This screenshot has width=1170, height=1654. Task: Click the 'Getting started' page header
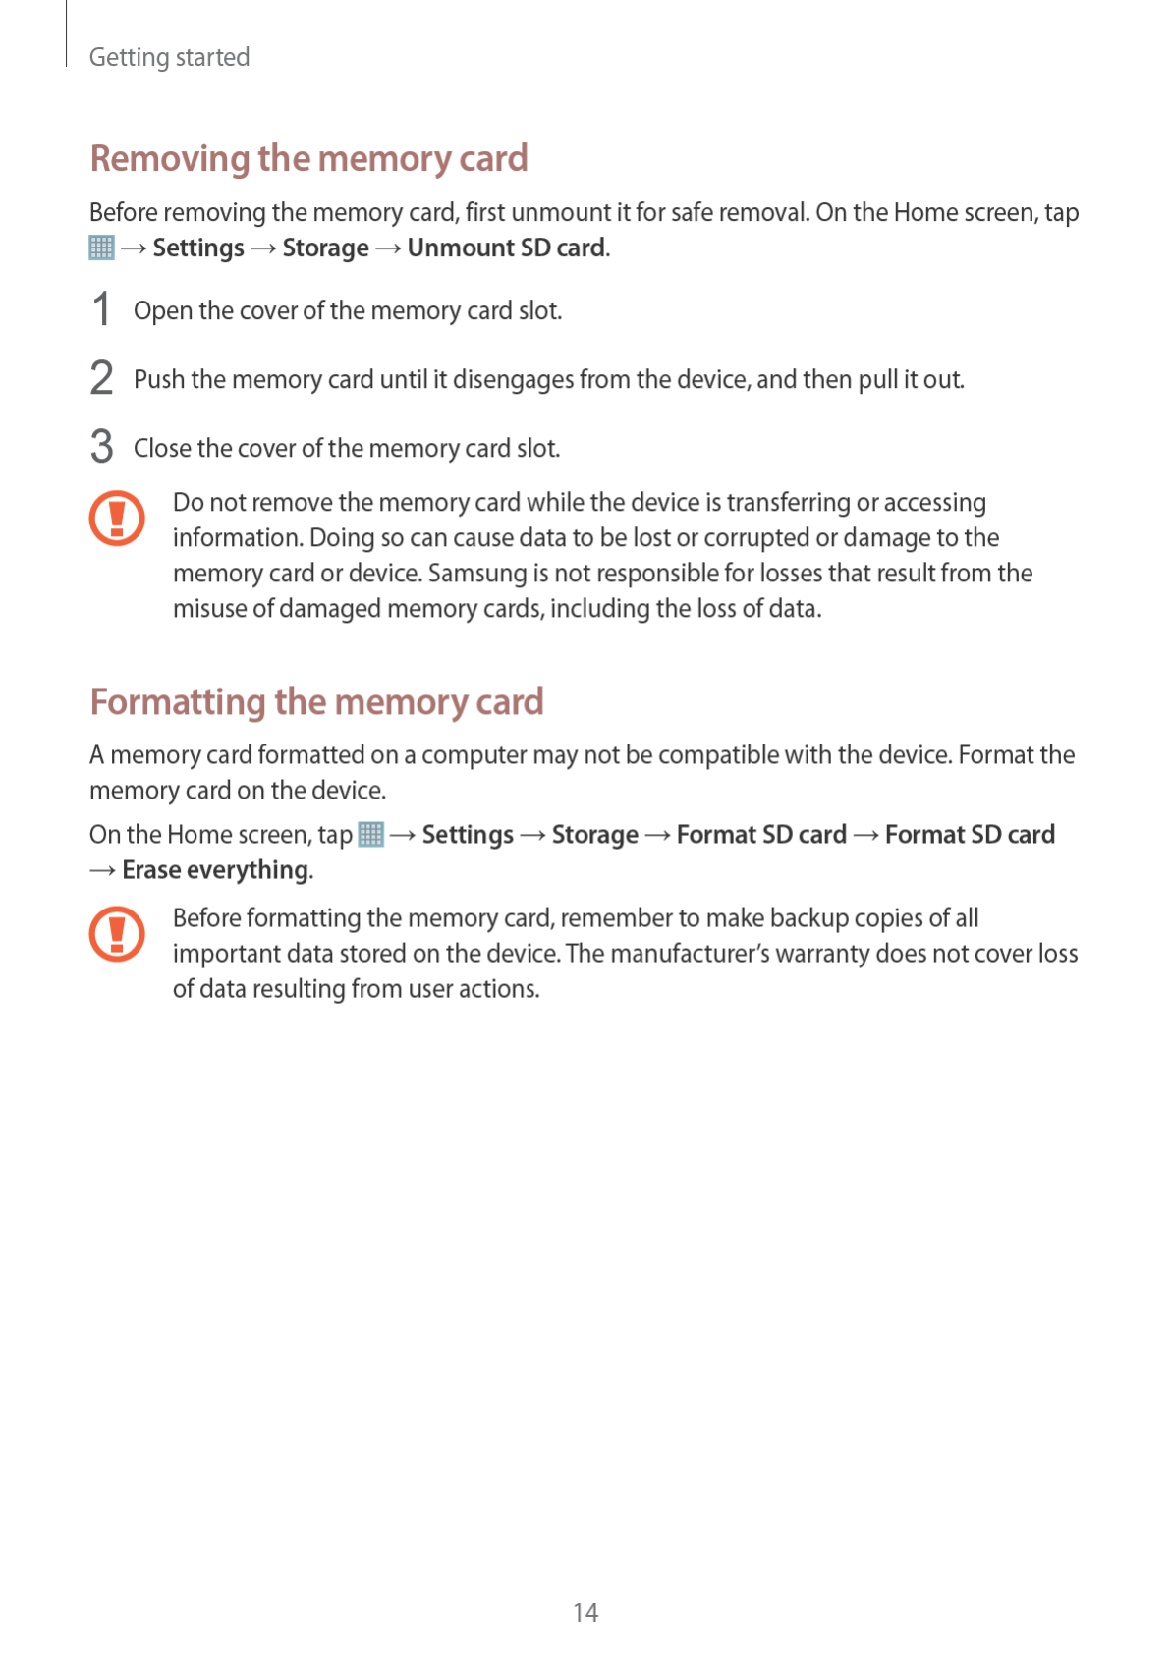(x=169, y=57)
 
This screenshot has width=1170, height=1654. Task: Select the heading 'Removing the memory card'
(x=308, y=158)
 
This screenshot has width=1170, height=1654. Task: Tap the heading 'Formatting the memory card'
(x=316, y=701)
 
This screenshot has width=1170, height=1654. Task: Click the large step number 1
(x=101, y=309)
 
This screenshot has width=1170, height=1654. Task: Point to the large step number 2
(x=101, y=378)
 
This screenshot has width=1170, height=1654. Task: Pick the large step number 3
(x=101, y=447)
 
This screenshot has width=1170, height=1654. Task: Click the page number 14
(x=585, y=1612)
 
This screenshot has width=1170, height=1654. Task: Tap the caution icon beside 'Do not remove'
(x=117, y=518)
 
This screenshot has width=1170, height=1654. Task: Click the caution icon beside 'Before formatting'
(x=117, y=933)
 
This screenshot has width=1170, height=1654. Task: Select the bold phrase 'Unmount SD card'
(x=506, y=248)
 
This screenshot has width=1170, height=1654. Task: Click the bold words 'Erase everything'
(x=215, y=870)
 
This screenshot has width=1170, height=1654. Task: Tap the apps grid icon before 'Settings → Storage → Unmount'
(x=101, y=248)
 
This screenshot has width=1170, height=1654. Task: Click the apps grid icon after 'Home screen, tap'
(x=370, y=834)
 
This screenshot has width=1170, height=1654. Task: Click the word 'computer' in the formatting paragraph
(x=474, y=754)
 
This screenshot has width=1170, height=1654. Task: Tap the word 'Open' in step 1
(x=162, y=311)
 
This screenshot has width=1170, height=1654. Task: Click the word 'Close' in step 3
(x=162, y=449)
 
